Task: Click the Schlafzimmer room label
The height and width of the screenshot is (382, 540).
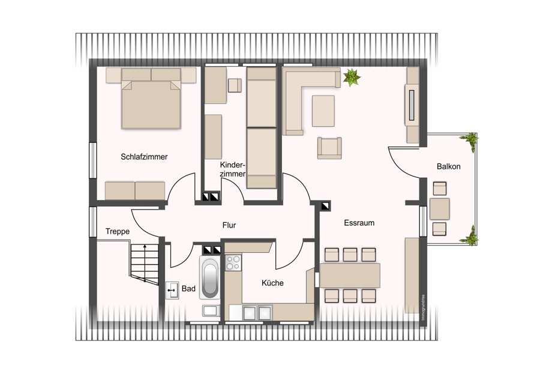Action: pyautogui.click(x=144, y=157)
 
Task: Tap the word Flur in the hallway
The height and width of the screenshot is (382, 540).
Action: pyautogui.click(x=229, y=225)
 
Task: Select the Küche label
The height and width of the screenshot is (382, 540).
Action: pyautogui.click(x=272, y=283)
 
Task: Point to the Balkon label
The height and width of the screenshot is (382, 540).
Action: pyautogui.click(x=448, y=166)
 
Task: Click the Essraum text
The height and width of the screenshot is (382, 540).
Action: pyautogui.click(x=359, y=223)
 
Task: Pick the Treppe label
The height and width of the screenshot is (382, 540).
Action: pyautogui.click(x=118, y=232)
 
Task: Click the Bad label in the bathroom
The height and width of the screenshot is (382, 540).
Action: pyautogui.click(x=188, y=288)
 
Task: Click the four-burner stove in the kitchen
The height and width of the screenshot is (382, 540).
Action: pyautogui.click(x=233, y=262)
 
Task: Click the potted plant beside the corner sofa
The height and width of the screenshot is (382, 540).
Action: pyautogui.click(x=351, y=77)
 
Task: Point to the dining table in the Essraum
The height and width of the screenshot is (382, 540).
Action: pyautogui.click(x=350, y=276)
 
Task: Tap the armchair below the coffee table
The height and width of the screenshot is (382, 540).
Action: pyautogui.click(x=329, y=148)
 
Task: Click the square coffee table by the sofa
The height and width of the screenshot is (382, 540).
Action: pyautogui.click(x=323, y=111)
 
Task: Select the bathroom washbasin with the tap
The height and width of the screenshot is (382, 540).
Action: pyautogui.click(x=172, y=290)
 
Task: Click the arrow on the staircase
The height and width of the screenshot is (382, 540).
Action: pyautogui.click(x=145, y=262)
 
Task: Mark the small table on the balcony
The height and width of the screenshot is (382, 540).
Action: pyautogui.click(x=439, y=209)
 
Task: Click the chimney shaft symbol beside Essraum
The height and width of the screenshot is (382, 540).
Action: pyautogui.click(x=325, y=206)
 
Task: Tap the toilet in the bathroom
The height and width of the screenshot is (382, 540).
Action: pyautogui.click(x=211, y=311)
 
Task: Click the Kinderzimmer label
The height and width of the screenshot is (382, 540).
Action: pyautogui.click(x=233, y=169)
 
